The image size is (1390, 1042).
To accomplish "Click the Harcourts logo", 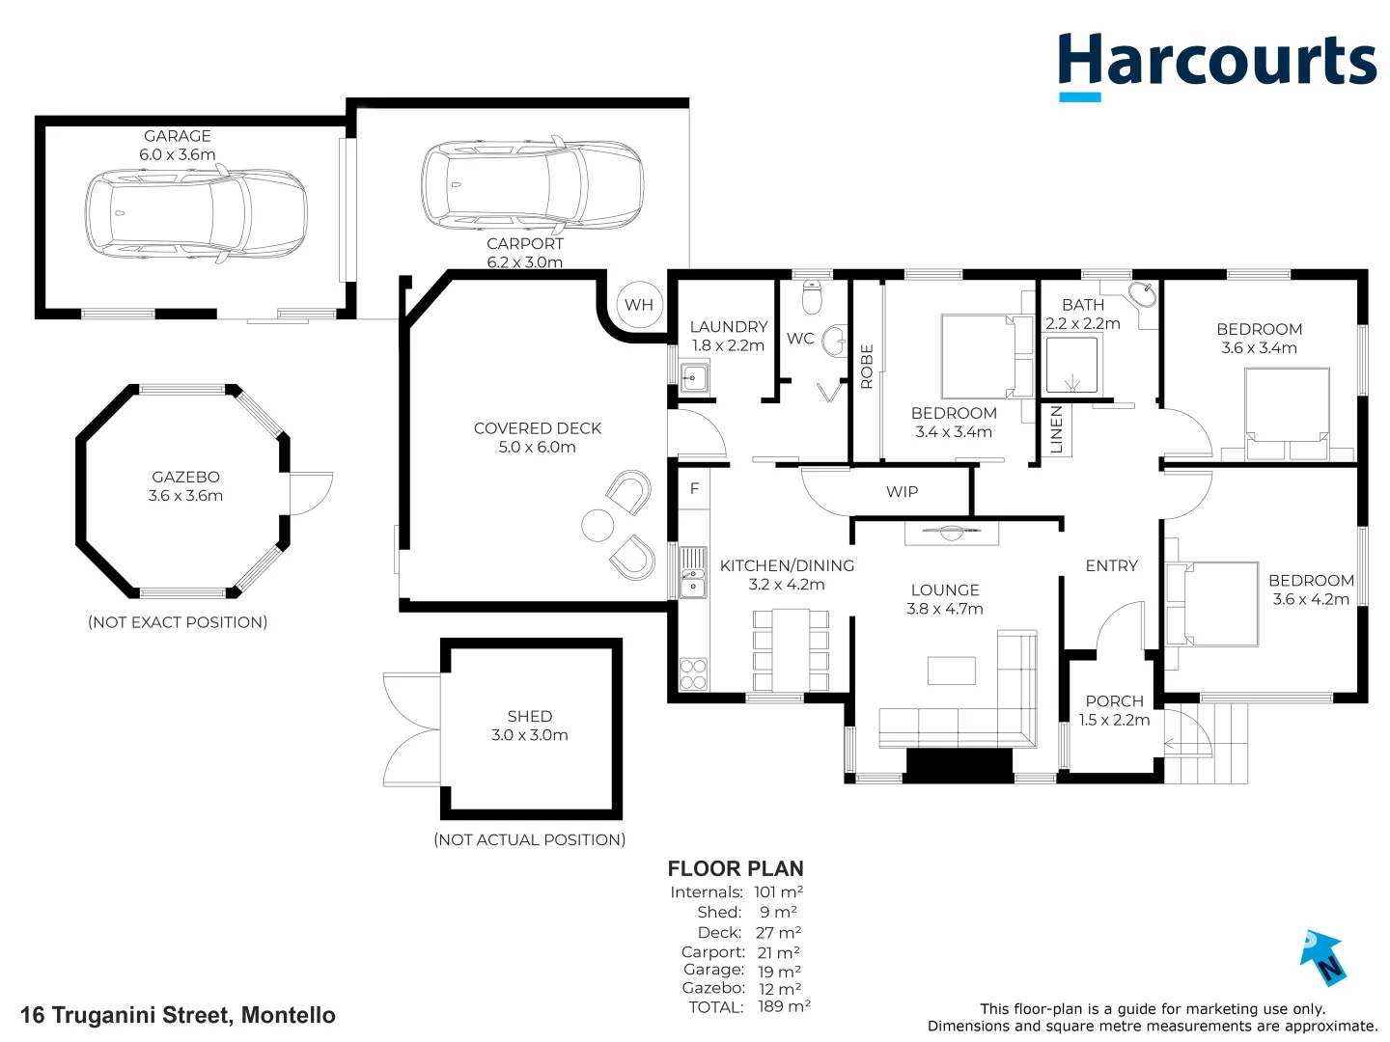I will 1216,63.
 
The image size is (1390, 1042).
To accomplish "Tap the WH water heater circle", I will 639,305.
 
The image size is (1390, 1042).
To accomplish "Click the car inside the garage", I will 196,214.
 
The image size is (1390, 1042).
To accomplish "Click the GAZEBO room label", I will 185,477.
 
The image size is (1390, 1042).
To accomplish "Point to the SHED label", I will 529,716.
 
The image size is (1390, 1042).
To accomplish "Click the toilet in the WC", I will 812,298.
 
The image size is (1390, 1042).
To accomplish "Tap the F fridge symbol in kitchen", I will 694,489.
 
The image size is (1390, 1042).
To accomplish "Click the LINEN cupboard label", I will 1056,429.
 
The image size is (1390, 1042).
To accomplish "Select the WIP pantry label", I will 902,492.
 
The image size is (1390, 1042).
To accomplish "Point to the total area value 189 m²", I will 784,1006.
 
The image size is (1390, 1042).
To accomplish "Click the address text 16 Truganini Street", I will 178,1015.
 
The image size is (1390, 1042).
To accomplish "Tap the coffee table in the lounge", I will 951,671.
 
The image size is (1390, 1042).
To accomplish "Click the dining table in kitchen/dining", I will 791,648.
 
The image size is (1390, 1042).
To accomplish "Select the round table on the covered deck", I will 598,526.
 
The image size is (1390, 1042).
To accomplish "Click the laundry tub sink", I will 693,376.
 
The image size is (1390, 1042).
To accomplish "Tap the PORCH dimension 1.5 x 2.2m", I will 1114,720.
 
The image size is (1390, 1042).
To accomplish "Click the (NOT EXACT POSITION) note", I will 178,622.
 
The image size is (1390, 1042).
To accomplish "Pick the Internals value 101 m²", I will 778,891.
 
